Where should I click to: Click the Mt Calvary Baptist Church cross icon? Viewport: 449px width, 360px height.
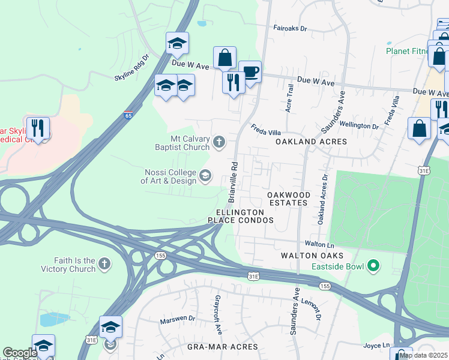click(220, 143)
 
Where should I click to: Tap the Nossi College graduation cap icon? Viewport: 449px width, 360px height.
click(205, 175)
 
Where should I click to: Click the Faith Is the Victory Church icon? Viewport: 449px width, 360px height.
click(104, 264)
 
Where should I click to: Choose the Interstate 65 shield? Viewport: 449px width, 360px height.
click(128, 115)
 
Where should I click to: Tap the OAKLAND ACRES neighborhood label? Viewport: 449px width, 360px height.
click(311, 142)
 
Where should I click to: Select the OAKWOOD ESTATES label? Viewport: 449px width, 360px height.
click(289, 199)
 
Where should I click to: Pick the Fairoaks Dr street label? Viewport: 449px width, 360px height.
click(290, 28)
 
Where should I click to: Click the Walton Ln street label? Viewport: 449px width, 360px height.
click(319, 244)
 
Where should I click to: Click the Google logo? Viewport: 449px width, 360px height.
click(19, 353)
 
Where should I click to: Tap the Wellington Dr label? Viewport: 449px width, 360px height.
click(359, 127)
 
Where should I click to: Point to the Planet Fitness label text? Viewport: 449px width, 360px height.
click(408, 51)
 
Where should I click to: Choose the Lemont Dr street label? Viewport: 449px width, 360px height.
click(312, 308)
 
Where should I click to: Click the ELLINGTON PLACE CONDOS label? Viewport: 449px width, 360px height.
click(241, 216)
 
